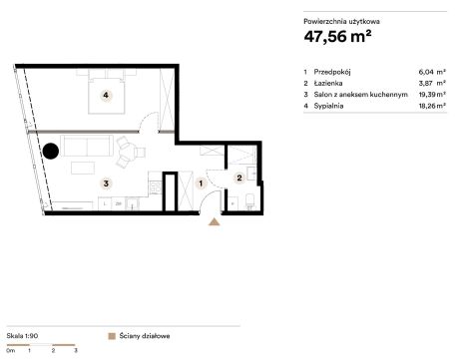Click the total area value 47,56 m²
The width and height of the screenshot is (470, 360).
click(337, 36)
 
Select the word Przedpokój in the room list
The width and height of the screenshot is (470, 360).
click(332, 72)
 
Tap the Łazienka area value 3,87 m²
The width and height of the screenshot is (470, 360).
click(432, 83)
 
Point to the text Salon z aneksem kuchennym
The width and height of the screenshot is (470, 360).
click(360, 95)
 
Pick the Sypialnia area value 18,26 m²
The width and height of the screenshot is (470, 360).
click(432, 106)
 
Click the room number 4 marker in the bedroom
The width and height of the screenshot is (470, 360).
click(106, 96)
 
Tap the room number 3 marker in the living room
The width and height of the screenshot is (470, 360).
click(106, 183)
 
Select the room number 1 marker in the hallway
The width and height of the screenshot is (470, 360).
click(201, 183)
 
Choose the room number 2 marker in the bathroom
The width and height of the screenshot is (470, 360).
click(239, 178)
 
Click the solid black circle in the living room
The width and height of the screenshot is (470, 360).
click(51, 151)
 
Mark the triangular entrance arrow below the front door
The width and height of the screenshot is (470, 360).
click(215, 221)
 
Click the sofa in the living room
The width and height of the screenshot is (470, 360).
click(87, 146)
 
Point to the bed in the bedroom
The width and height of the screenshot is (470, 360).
click(107, 95)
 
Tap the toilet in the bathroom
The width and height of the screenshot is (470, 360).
click(250, 201)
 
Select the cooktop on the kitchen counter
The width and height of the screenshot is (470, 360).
click(156, 187)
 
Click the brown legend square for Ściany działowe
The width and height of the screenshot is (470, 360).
click(112, 336)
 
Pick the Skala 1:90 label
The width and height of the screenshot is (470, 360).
click(22, 336)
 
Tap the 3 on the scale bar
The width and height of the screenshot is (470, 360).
click(76, 350)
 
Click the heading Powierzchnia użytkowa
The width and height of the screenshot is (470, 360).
click(341, 22)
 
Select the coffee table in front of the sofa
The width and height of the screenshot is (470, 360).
click(83, 168)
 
